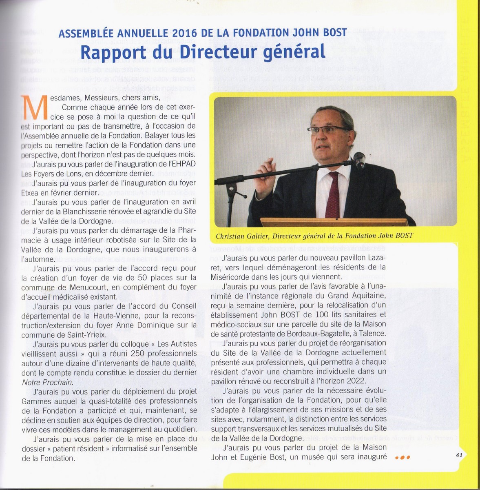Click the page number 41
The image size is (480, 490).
pyautogui.click(x=458, y=455)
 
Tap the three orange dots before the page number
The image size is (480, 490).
pyautogui.click(x=402, y=458)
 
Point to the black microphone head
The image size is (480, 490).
pyautogui.click(x=359, y=160)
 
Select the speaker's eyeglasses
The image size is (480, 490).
pyautogui.click(x=328, y=130)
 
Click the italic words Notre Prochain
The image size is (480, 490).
pyautogui.click(x=47, y=382)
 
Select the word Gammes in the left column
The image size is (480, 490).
pyautogui.click(x=35, y=401)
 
